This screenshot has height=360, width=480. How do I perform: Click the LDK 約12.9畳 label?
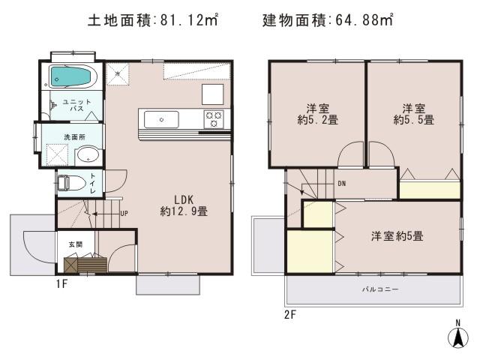coord(184,205)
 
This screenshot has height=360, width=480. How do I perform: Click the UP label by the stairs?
coord(124,213)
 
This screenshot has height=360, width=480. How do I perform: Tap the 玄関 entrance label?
coord(76,244)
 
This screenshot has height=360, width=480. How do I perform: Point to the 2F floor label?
coord(290,314)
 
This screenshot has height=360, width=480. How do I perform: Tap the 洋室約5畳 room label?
coord(397,236)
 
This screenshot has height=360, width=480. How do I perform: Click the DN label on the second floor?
coord(341,183)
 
